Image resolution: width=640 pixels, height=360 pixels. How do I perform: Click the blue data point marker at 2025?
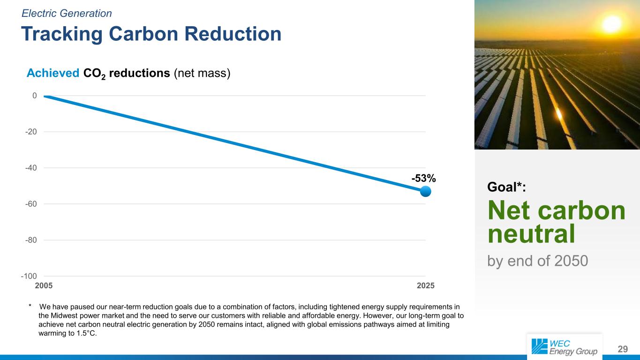[425, 191]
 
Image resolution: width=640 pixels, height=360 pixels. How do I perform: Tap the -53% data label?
[424, 178]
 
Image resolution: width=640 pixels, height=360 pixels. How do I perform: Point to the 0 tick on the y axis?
[34, 96]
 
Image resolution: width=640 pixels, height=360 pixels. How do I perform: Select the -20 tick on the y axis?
[31, 132]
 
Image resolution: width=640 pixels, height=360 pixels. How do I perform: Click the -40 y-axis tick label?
[31, 168]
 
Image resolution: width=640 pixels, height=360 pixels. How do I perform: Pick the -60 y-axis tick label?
[31, 204]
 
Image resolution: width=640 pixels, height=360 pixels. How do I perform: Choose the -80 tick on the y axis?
[31, 240]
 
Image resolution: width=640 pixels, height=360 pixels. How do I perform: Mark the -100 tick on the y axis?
[30, 276]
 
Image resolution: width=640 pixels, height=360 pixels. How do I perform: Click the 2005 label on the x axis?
[44, 285]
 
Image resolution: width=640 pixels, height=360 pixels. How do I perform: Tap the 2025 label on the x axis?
[425, 285]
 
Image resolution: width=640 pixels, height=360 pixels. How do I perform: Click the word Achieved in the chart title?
[53, 74]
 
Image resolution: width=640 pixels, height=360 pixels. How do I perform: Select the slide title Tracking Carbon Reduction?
[151, 34]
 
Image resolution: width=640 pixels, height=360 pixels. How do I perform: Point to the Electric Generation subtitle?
[67, 13]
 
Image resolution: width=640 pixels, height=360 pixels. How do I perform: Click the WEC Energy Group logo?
[565, 347]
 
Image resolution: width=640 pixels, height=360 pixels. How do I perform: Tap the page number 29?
[623, 349]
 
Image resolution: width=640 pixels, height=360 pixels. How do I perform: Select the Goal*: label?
[507, 187]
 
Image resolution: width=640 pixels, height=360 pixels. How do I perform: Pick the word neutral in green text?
[531, 234]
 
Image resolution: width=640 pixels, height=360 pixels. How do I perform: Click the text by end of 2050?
[538, 260]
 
